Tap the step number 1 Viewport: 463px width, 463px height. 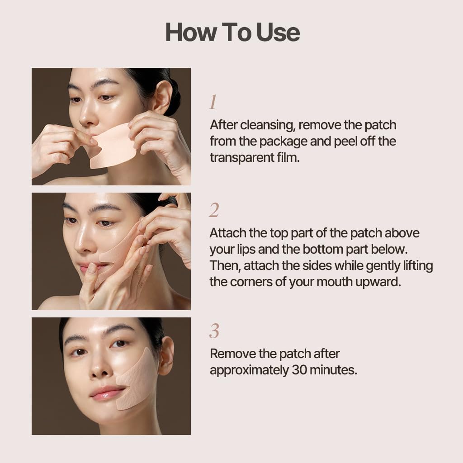point(213,103)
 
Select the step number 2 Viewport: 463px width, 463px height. point(214,211)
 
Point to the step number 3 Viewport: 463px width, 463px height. point(214,331)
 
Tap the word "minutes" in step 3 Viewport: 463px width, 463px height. point(334,370)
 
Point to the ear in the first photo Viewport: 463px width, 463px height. point(163,97)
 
